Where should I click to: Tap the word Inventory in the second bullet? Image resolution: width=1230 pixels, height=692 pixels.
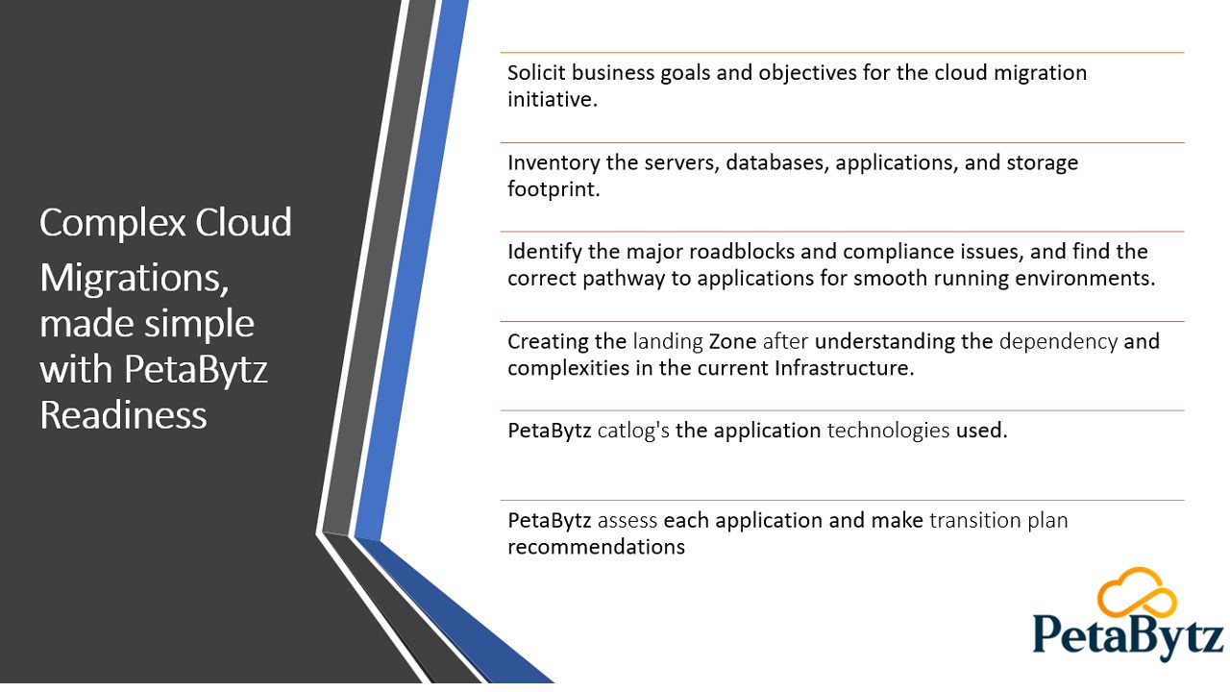click(553, 162)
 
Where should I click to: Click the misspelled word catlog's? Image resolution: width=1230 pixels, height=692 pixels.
click(633, 431)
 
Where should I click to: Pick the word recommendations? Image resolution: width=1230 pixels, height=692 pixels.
click(597, 547)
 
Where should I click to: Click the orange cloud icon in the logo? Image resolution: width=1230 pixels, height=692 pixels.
click(1137, 592)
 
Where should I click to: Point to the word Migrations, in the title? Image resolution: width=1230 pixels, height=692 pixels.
click(134, 279)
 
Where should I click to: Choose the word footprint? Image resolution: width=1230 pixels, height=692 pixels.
click(553, 189)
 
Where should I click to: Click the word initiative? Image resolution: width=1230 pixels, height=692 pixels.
click(553, 99)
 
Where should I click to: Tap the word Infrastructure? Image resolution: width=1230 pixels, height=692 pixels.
click(844, 368)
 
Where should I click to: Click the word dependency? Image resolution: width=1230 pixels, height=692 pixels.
click(1058, 342)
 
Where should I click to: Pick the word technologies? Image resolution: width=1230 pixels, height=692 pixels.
click(889, 431)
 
